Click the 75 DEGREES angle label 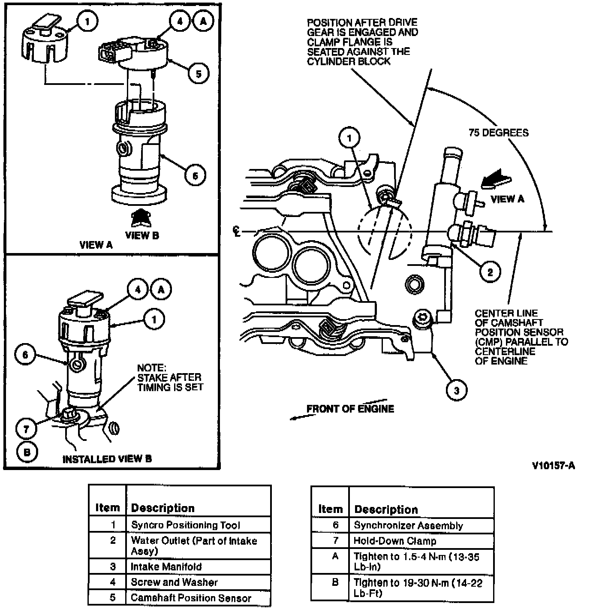click(498, 133)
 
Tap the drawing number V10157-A click(554, 466)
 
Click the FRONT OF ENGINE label click(350, 409)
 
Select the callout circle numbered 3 click(456, 390)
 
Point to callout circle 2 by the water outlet click(490, 271)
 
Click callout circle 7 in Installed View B click(27, 428)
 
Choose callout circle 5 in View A click(199, 74)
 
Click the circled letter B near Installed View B click(27, 452)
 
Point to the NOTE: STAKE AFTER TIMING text click(170, 377)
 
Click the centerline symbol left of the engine click(237, 232)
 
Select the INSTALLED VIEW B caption click(107, 459)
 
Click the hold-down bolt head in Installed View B click(69, 415)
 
